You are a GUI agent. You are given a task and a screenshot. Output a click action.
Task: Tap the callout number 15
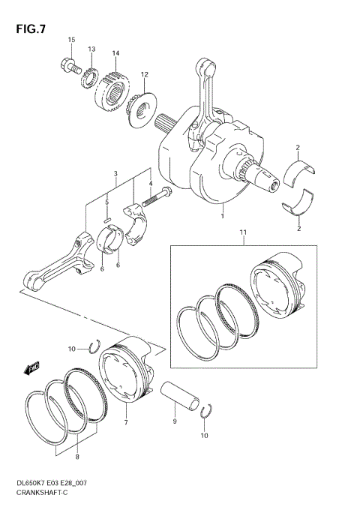click(x=72, y=40)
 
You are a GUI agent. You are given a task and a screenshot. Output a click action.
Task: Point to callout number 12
click(x=144, y=74)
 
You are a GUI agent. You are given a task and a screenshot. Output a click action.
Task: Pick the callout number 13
click(x=91, y=49)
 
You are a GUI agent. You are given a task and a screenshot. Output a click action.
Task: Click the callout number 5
click(x=107, y=202)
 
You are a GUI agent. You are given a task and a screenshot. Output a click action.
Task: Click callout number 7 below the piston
click(x=126, y=423)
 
